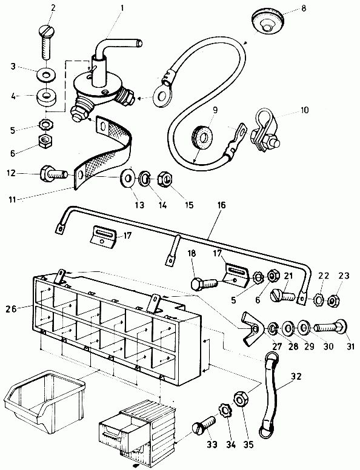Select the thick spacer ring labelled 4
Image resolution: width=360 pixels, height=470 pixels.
47,98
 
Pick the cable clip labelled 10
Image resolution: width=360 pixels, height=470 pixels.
264,130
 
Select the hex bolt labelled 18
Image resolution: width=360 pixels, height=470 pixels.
204,283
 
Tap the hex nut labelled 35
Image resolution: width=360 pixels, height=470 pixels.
241,399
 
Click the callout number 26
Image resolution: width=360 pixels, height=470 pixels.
12,308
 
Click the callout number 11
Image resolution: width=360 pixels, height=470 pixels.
12,199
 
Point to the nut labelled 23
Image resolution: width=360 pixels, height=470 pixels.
333,300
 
